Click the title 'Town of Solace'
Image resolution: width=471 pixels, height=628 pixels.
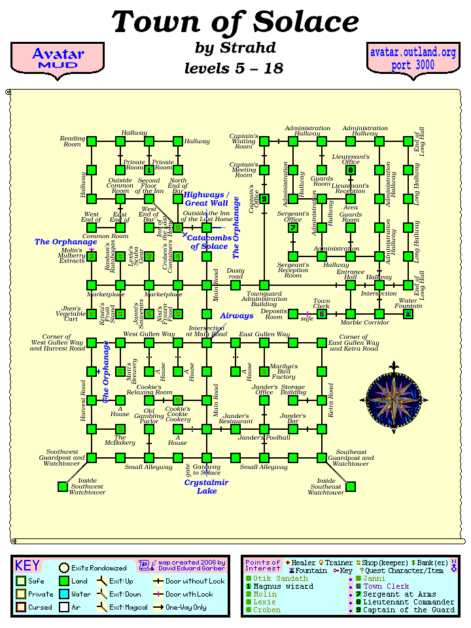click(235, 22)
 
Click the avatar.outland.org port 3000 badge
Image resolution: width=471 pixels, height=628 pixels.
click(412, 59)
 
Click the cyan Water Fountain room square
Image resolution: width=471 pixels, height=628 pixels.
click(408, 314)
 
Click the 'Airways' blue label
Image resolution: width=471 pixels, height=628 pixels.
click(236, 315)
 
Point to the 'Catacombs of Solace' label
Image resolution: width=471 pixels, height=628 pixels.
click(210, 242)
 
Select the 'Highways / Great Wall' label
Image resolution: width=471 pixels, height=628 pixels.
click(206, 199)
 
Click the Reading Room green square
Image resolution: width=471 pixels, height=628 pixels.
click(92, 141)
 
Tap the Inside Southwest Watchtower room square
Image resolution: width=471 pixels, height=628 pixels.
click(63, 486)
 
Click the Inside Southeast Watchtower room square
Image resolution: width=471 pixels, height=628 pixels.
click(351, 486)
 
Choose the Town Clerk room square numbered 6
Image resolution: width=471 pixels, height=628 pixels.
click(322, 314)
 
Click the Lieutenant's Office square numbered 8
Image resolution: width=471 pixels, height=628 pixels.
click(351, 170)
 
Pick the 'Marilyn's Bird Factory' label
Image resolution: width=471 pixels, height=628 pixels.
click(283, 372)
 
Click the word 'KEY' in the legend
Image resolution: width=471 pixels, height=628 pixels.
click(27, 566)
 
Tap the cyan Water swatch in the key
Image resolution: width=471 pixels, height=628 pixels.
click(64, 594)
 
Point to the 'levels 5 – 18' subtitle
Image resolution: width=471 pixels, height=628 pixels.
click(234, 68)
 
